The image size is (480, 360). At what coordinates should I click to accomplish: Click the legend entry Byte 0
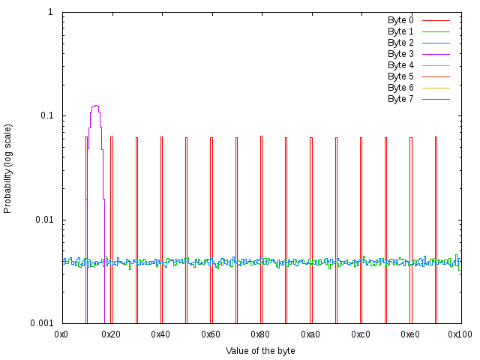click(400, 20)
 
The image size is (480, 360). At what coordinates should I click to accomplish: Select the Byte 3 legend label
click(400, 54)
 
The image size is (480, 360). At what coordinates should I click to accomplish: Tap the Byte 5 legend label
click(400, 76)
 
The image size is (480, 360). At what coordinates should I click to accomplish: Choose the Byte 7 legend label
click(400, 99)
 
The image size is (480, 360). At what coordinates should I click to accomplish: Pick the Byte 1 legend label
click(400, 31)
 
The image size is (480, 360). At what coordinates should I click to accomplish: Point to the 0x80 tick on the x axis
click(261, 334)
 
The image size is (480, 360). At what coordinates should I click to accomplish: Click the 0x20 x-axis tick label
click(112, 334)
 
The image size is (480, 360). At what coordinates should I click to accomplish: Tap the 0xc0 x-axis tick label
click(361, 334)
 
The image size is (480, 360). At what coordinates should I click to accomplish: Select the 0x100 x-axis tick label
click(460, 334)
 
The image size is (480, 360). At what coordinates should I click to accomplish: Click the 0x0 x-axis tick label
click(62, 334)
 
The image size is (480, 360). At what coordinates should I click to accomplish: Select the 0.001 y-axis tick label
click(40, 323)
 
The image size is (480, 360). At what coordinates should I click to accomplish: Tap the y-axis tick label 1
click(50, 13)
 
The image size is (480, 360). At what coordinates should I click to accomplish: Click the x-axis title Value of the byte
click(260, 351)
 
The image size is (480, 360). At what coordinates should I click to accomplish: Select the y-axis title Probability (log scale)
click(8, 168)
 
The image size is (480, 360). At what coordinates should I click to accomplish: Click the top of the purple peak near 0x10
click(95, 106)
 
